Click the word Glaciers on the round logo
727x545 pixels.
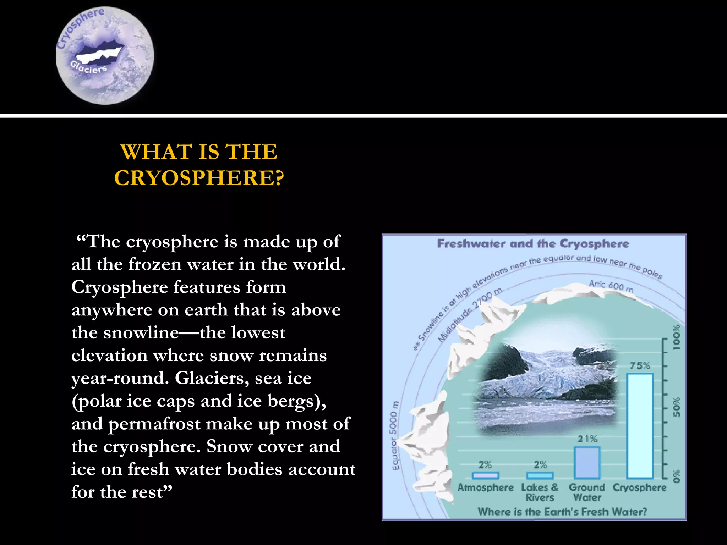[x=88, y=67]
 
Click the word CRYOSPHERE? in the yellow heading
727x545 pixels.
[x=199, y=178]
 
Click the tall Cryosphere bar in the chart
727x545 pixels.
[x=640, y=426]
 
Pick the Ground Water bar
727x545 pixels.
[x=587, y=463]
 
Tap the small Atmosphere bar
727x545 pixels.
[x=485, y=475]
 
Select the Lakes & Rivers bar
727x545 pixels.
[x=540, y=475]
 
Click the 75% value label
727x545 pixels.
[x=640, y=365]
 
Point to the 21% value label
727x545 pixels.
[x=587, y=439]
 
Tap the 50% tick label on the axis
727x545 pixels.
[x=677, y=407]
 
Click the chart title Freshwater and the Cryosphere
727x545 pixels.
[x=533, y=244]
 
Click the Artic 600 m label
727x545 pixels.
[x=611, y=286]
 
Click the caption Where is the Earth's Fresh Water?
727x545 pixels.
[x=562, y=511]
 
